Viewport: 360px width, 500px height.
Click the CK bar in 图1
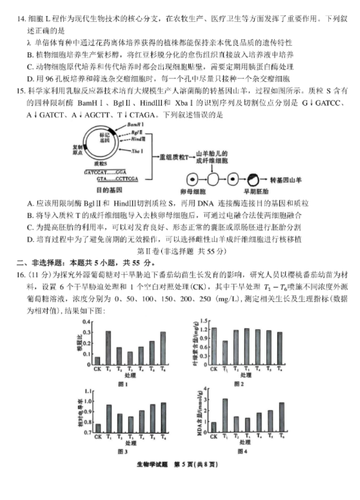(97, 361)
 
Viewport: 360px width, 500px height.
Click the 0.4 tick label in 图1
(86, 322)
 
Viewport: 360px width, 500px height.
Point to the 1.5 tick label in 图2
(204, 321)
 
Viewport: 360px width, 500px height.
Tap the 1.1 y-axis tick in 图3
(86, 390)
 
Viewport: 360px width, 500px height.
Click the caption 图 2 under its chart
(239, 383)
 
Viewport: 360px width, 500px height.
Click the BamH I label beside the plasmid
(136, 125)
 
